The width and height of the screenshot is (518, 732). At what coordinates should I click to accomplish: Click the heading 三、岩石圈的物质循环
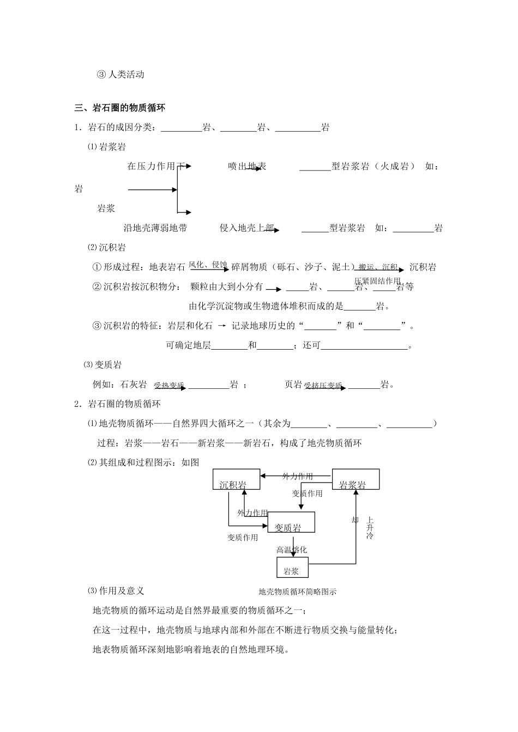pyautogui.click(x=120, y=108)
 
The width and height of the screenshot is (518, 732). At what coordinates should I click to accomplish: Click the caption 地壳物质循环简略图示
pyautogui.click(x=297, y=591)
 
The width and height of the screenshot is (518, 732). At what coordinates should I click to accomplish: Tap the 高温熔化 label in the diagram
pyautogui.click(x=291, y=550)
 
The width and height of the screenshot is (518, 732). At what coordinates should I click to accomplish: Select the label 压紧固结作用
pyautogui.click(x=377, y=281)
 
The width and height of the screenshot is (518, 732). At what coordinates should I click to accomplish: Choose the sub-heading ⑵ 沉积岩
pyautogui.click(x=107, y=247)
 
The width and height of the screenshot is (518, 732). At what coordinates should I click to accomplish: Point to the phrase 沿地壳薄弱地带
pyautogui.click(x=155, y=228)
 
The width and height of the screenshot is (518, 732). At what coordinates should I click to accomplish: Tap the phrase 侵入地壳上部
pyautogui.click(x=246, y=228)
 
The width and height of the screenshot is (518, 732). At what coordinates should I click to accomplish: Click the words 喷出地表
pyautogui.click(x=247, y=166)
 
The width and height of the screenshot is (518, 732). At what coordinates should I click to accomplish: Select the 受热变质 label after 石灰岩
pyautogui.click(x=169, y=386)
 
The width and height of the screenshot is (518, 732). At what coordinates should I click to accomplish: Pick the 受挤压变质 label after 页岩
pyautogui.click(x=323, y=386)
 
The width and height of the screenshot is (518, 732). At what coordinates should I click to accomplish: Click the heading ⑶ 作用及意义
pyautogui.click(x=116, y=590)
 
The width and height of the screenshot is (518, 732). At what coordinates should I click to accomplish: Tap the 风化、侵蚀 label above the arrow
pyautogui.click(x=208, y=265)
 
